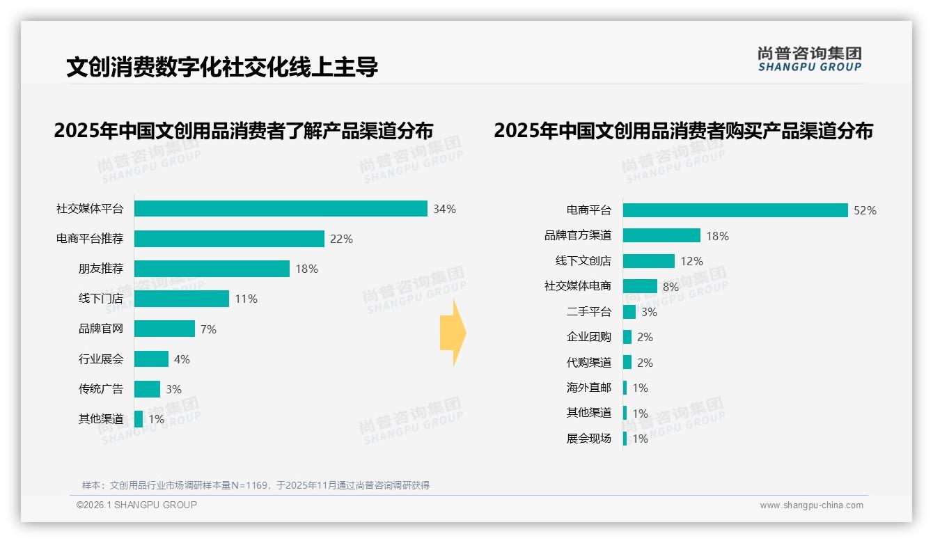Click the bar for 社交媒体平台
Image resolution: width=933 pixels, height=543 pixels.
[281, 209]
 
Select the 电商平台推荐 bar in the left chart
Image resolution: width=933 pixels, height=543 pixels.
[229, 239]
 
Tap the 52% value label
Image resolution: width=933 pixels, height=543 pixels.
[865, 211]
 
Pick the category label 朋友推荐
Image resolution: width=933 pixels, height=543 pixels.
[100, 269]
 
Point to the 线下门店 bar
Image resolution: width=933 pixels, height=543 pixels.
[181, 299]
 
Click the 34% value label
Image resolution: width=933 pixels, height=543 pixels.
[444, 209]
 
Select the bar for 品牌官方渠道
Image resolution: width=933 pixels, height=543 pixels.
[661, 236]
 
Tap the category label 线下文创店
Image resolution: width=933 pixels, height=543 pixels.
[583, 261]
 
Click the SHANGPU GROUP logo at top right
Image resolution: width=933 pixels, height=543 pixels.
[809, 58]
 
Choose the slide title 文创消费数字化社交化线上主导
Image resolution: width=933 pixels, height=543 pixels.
[222, 67]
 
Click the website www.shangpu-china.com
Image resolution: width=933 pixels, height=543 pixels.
[811, 505]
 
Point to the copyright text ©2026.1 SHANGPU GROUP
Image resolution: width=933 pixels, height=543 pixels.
[136, 505]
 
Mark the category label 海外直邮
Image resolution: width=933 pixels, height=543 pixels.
[588, 388]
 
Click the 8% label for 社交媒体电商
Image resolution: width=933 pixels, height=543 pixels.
[670, 287]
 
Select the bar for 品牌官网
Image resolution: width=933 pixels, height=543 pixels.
[164, 329]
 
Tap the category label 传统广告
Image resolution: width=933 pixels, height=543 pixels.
[100, 389]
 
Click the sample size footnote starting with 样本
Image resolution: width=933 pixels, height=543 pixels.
[256, 485]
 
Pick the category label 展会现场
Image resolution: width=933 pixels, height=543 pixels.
[588, 439]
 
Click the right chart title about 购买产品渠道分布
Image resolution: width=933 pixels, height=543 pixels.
[683, 131]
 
